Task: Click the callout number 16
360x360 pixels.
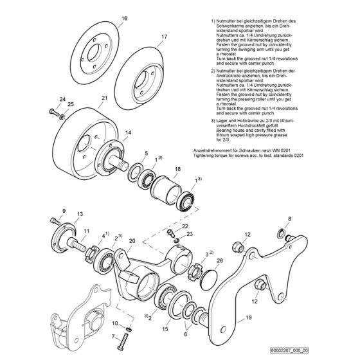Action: coord(107,19)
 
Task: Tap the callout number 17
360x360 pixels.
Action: coord(146,37)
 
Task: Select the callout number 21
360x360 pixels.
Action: coord(104,98)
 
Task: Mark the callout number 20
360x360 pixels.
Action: coord(132,240)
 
